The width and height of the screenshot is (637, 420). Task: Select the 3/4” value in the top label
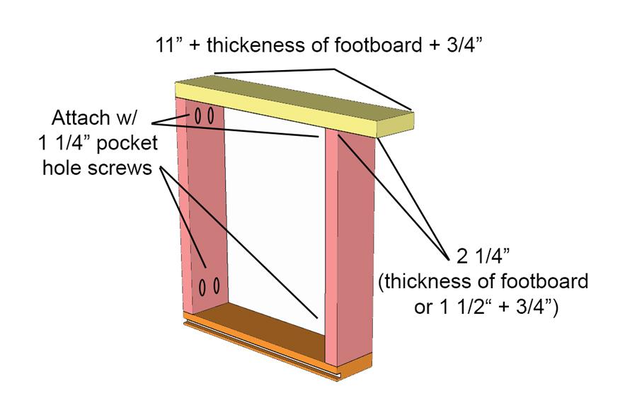(x=465, y=45)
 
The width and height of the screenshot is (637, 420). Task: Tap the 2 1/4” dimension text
(x=483, y=256)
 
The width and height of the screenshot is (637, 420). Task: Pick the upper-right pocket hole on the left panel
(x=210, y=116)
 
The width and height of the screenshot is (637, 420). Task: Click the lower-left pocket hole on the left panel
(x=202, y=287)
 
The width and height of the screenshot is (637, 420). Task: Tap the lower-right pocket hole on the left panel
(x=216, y=285)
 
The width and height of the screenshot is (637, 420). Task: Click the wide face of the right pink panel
(x=356, y=248)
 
